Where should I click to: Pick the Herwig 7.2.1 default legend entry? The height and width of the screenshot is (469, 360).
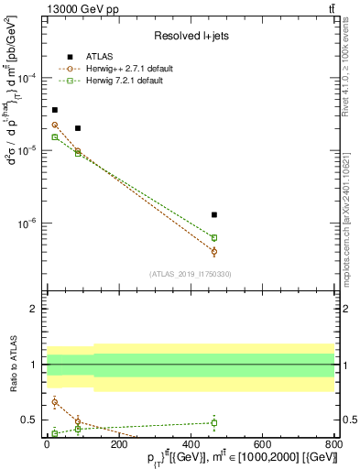pos(119,82)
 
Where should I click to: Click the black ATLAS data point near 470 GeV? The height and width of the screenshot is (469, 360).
pos(214,214)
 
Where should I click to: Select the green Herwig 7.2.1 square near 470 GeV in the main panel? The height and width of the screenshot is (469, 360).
pos(214,237)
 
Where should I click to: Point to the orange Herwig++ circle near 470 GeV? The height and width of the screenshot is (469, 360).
pos(214,251)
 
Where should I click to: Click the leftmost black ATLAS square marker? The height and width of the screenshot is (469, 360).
pos(55,110)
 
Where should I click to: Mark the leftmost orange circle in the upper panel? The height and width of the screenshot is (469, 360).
pos(55,125)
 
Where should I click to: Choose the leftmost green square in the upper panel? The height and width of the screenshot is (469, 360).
pos(55,137)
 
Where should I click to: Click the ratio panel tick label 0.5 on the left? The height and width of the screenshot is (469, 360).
pos(34,420)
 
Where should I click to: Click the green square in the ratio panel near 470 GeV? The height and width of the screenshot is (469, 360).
pos(214,423)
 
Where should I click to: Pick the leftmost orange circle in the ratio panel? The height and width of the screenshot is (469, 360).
pos(55,401)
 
